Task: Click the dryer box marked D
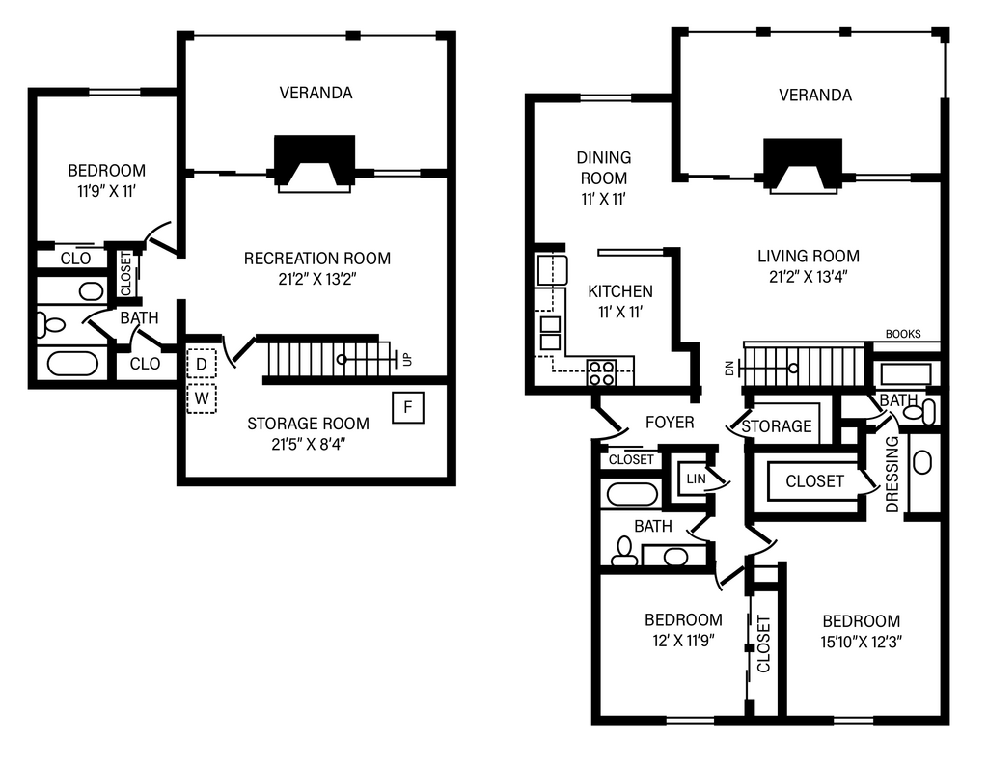pyautogui.click(x=202, y=363)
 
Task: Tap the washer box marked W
pyautogui.click(x=202, y=398)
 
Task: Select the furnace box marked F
pyautogui.click(x=408, y=406)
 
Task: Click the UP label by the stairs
pyautogui.click(x=408, y=359)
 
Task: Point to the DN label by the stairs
pyautogui.click(x=729, y=369)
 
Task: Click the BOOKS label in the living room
pyautogui.click(x=903, y=334)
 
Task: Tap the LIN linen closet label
pyautogui.click(x=696, y=479)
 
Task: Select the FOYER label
pyautogui.click(x=670, y=423)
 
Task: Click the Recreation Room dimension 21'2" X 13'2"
pyautogui.click(x=317, y=279)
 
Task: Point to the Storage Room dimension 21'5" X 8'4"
pyautogui.click(x=309, y=445)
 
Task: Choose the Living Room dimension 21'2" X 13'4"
pyautogui.click(x=809, y=277)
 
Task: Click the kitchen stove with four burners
pyautogui.click(x=601, y=371)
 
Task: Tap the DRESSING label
pyautogui.click(x=892, y=474)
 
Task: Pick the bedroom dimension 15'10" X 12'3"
pyautogui.click(x=862, y=643)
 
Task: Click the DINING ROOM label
pyautogui.click(x=604, y=168)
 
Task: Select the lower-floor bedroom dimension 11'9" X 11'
pyautogui.click(x=106, y=191)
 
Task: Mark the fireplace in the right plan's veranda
pyautogui.click(x=803, y=165)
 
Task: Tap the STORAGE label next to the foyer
pyautogui.click(x=777, y=426)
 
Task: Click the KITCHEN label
pyautogui.click(x=620, y=291)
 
